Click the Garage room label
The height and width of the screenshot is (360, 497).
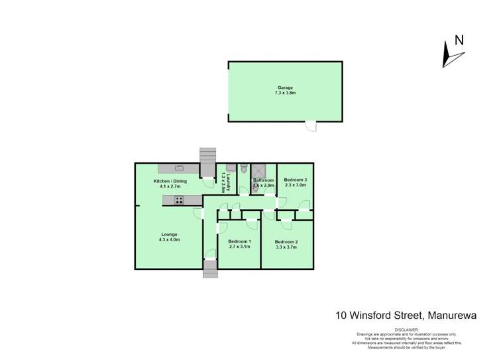pos(285,88)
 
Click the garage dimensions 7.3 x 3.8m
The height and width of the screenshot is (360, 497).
pos(285,93)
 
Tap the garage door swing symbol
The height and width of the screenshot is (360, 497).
pos(310,125)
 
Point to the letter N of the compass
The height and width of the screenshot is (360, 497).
pos(459,40)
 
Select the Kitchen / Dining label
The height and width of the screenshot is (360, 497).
pos(170,181)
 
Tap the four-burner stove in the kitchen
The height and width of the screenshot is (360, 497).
pos(178,200)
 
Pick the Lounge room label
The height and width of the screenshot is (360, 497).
pos(169,234)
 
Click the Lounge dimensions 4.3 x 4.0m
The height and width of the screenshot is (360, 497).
pos(169,240)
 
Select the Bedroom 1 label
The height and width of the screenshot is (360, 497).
pos(239,241)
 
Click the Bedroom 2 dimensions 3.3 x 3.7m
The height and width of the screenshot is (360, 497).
pos(286,248)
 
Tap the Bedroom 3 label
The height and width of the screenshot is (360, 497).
pos(296,180)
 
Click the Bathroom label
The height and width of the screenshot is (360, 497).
pos(263,180)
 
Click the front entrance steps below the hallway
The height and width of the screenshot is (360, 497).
pos(210,269)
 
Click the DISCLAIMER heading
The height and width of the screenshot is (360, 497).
pos(408,329)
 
